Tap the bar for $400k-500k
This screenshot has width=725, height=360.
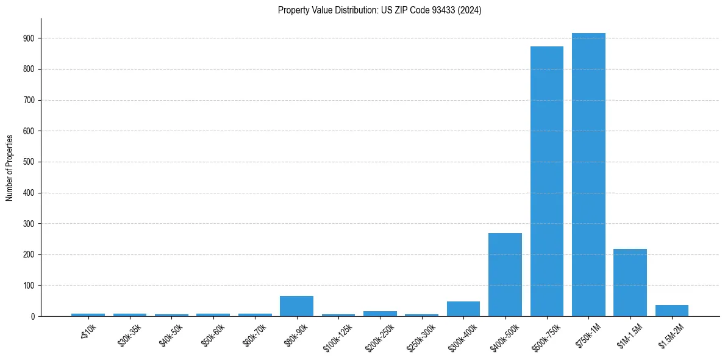(505, 275)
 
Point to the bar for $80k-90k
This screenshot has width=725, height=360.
(296, 306)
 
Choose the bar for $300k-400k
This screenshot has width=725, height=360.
(463, 309)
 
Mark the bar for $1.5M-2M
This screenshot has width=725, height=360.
(671, 311)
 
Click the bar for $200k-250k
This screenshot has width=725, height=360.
(380, 314)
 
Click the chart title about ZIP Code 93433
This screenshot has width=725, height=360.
(379, 10)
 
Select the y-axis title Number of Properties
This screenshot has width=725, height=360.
(10, 167)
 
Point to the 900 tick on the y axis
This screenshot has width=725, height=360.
(29, 38)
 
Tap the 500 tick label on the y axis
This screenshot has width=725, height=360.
(29, 162)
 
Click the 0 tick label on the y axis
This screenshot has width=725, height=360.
(32, 316)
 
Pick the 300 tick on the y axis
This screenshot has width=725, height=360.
(29, 224)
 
